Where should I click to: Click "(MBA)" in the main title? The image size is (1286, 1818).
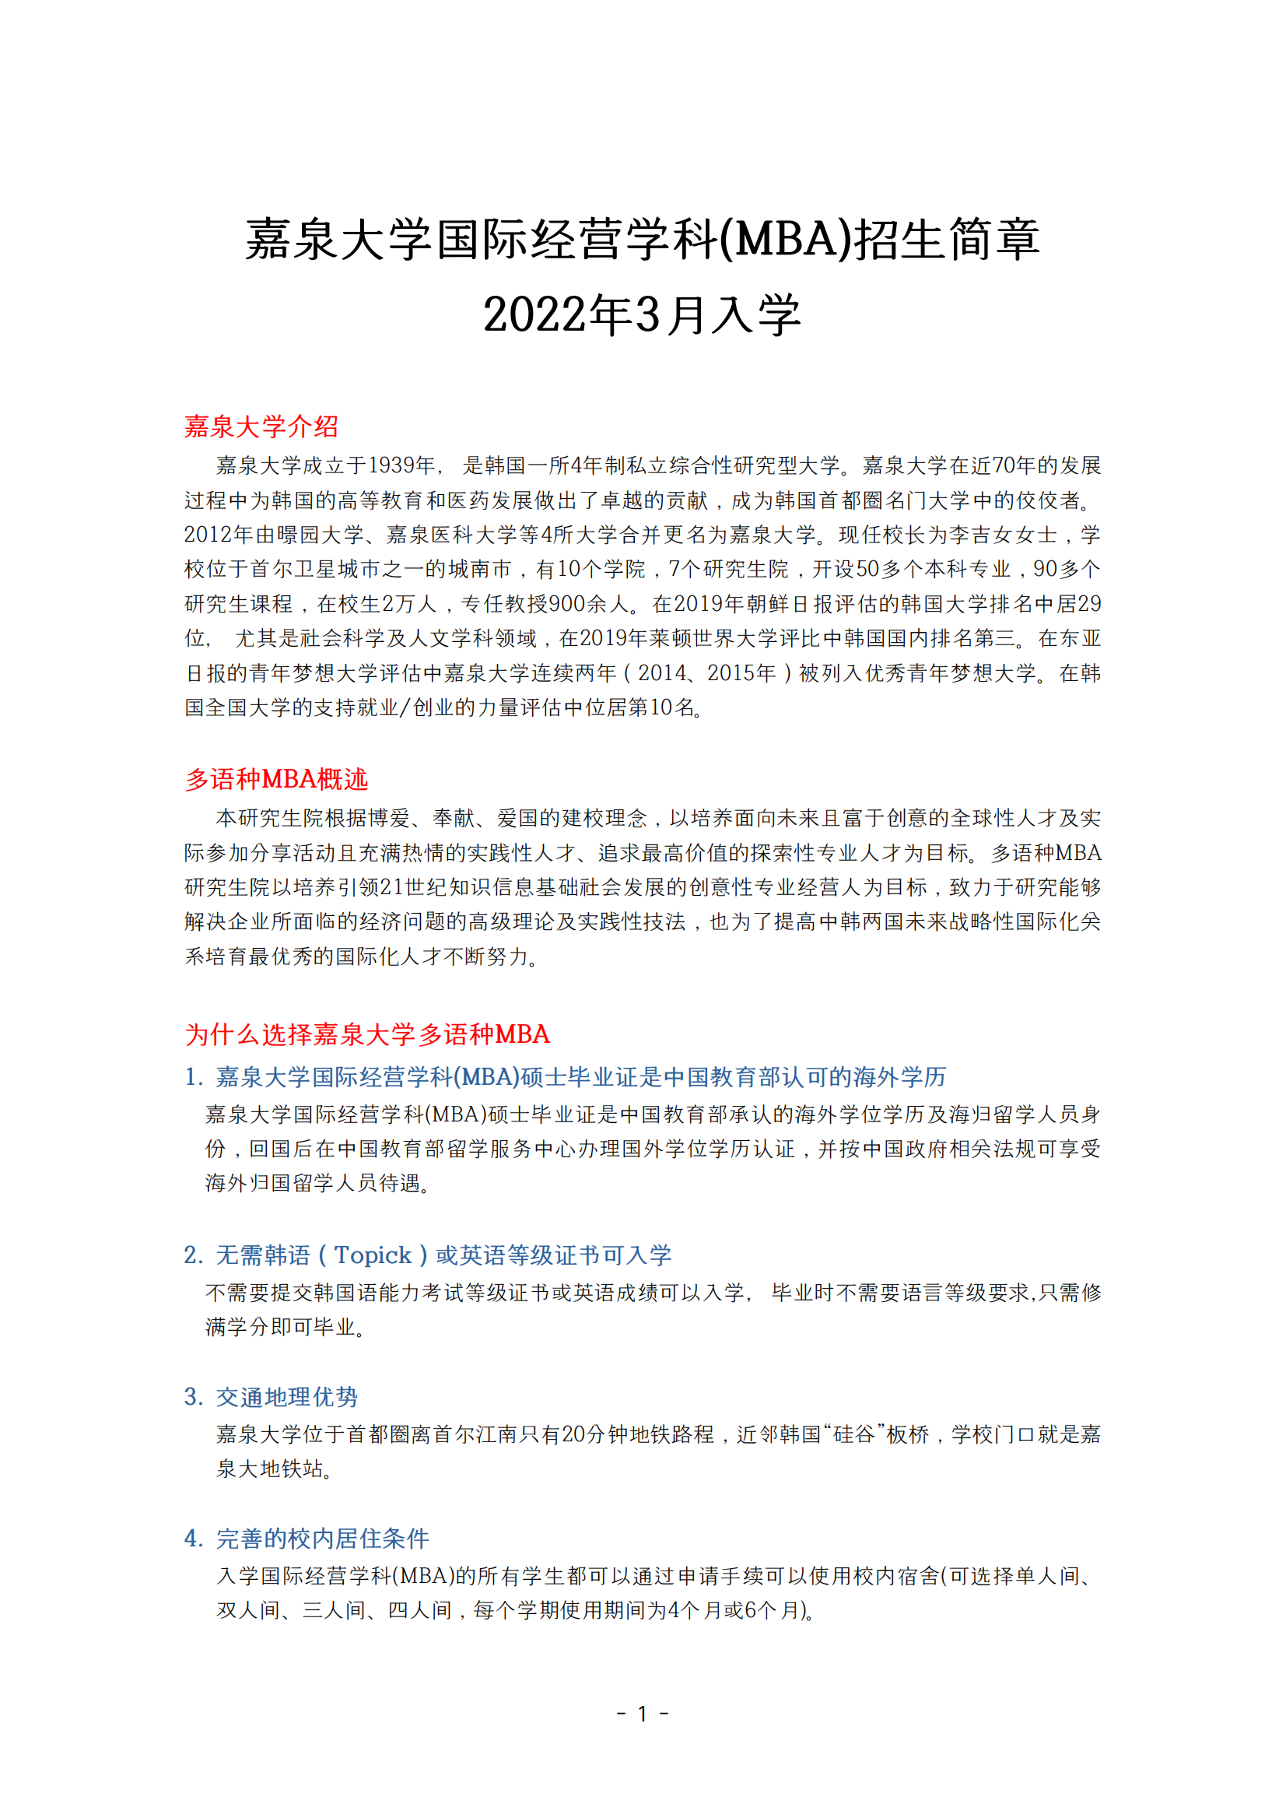pyautogui.click(x=785, y=239)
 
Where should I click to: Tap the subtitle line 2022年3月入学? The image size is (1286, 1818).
pyautogui.click(x=642, y=314)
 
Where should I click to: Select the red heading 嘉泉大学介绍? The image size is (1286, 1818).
pyautogui.click(x=261, y=426)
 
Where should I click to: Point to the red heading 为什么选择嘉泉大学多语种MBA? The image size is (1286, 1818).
pyautogui.click(x=366, y=1034)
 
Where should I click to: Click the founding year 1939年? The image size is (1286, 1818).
pyautogui.click(x=401, y=465)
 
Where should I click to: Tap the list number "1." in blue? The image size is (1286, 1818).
pyautogui.click(x=193, y=1076)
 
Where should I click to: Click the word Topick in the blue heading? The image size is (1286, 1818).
pyautogui.click(x=372, y=1255)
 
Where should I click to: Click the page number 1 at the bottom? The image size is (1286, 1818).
pyautogui.click(x=642, y=1714)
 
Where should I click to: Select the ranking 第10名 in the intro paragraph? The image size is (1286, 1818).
pyautogui.click(x=660, y=707)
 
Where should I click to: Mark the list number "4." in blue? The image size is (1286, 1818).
pyautogui.click(x=193, y=1539)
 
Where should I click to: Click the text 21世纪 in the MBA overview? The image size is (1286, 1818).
pyautogui.click(x=414, y=887)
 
